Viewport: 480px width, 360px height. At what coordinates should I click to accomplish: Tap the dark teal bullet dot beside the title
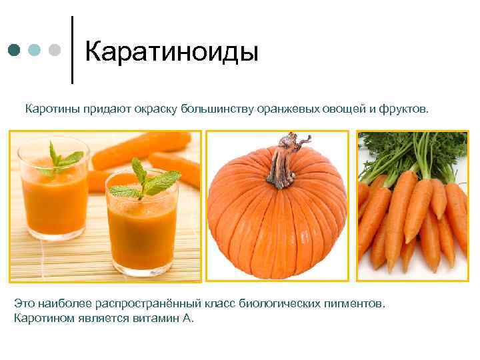(14, 50)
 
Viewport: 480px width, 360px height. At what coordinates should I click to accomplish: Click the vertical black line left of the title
(72, 50)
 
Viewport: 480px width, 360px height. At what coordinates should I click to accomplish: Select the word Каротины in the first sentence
(53, 108)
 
